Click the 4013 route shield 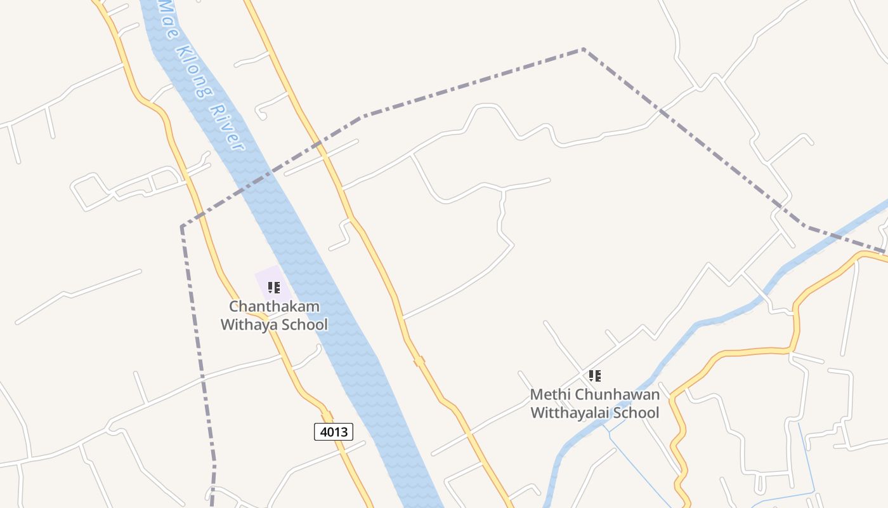pyautogui.click(x=334, y=432)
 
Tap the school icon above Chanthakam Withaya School pyautogui.click(x=274, y=288)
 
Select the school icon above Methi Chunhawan pyautogui.click(x=594, y=376)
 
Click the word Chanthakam pyautogui.click(x=274, y=306)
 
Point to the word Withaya pyautogui.click(x=249, y=324)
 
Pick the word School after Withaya pyautogui.click(x=304, y=324)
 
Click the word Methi pyautogui.click(x=549, y=394)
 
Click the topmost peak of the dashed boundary pyautogui.click(x=583, y=49)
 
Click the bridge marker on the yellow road pyautogui.click(x=419, y=361)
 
